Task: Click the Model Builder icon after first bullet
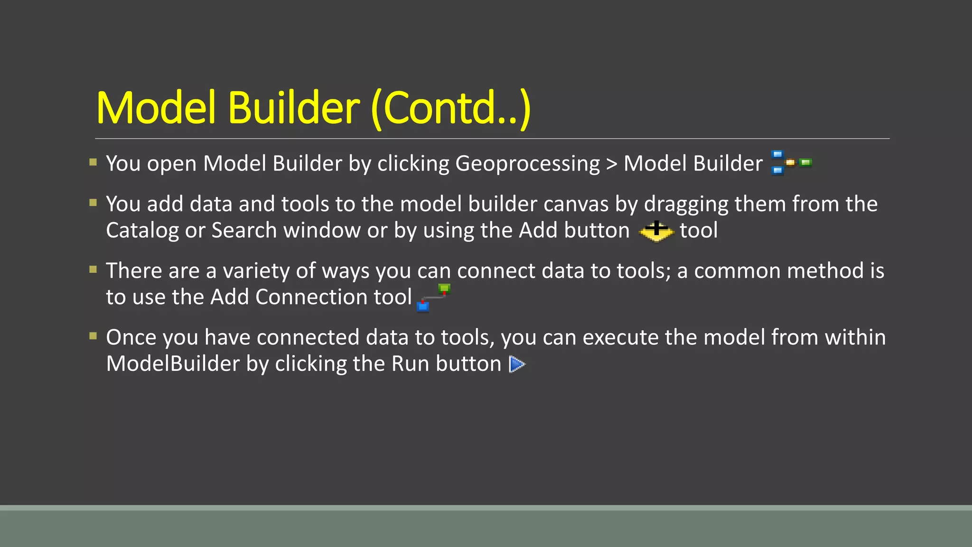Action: (791, 163)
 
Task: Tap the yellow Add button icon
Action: (656, 231)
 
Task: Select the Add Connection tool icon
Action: (433, 297)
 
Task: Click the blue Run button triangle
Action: (517, 364)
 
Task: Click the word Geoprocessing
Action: (527, 164)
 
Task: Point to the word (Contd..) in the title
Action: (450, 108)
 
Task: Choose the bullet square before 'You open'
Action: (93, 162)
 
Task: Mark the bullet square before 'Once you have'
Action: (93, 336)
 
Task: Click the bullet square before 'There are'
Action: (93, 270)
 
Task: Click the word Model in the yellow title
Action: (157, 108)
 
